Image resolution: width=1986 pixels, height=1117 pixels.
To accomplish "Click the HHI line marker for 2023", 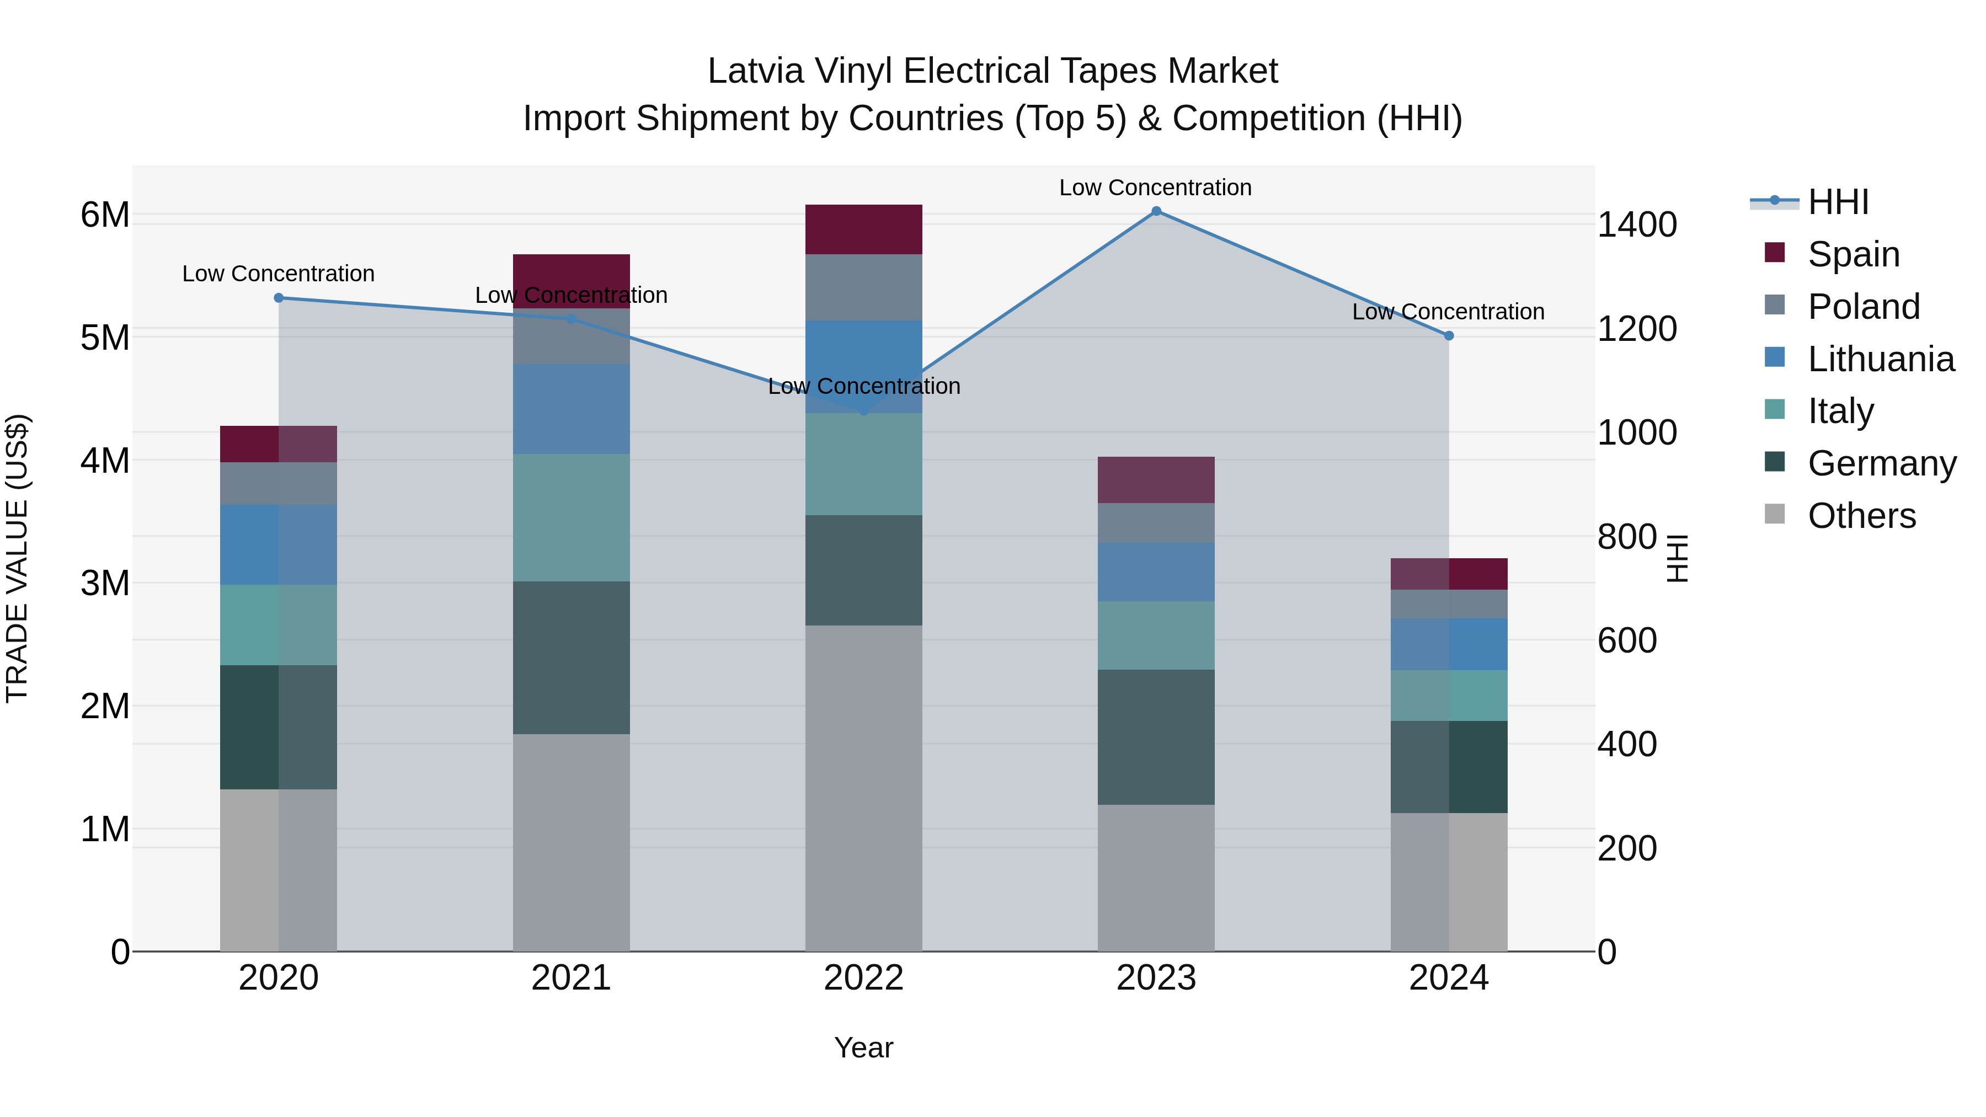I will click(x=1156, y=211).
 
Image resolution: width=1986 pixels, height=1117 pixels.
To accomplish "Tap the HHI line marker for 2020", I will click(x=279, y=297).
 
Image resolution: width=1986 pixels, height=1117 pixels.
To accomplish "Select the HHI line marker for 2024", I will click(x=1449, y=335).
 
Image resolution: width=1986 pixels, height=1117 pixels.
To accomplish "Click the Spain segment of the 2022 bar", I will click(x=863, y=229).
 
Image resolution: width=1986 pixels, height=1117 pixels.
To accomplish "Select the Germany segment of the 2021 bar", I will click(x=572, y=658).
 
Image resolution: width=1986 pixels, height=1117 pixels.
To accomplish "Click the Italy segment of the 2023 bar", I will click(x=1156, y=635).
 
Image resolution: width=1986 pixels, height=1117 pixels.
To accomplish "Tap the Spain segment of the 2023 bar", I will click(x=1156, y=479).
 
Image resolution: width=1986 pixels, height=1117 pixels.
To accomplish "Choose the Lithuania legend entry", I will click(x=1881, y=359).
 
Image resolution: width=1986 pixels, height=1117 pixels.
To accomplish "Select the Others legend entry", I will click(x=1861, y=516).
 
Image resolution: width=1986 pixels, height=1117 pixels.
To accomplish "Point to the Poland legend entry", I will click(x=1864, y=307).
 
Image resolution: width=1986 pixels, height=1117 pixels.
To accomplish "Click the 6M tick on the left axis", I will click(x=105, y=215).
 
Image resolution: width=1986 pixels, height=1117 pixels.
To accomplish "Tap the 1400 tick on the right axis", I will click(x=1637, y=225).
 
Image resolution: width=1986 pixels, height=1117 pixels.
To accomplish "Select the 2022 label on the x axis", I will click(x=863, y=978).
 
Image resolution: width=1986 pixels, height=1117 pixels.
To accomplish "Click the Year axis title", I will click(x=863, y=1047).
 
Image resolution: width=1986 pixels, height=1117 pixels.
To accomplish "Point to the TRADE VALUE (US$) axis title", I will click(x=17, y=558).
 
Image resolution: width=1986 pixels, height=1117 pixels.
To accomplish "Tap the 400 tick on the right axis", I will click(x=1627, y=745).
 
